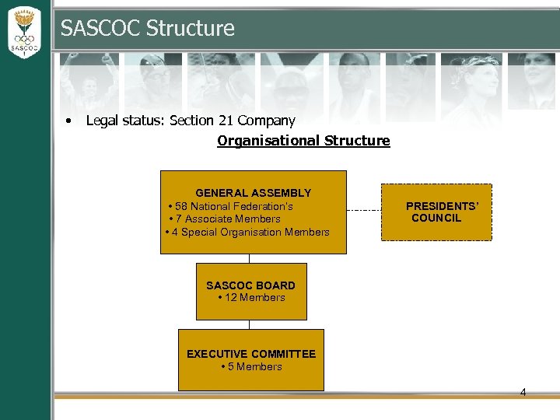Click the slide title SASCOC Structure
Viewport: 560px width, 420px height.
click(x=147, y=29)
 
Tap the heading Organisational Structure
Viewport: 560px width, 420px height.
click(x=303, y=141)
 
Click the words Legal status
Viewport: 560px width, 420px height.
click(x=118, y=121)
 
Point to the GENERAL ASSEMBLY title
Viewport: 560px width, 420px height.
click(x=253, y=193)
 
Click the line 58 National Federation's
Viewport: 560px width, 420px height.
click(x=233, y=206)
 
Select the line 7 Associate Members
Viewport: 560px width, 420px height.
click(x=227, y=219)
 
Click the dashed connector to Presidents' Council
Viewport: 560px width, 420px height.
click(x=363, y=210)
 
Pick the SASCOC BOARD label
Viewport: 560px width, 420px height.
click(x=250, y=285)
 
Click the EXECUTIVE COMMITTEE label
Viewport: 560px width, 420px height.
click(x=251, y=354)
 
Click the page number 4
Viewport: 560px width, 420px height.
click(x=523, y=392)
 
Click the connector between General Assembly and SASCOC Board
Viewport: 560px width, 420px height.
click(x=250, y=258)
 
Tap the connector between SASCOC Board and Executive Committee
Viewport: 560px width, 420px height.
click(x=250, y=324)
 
